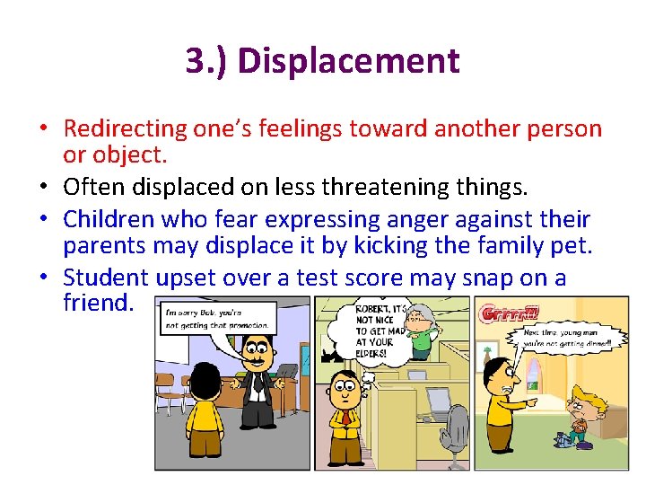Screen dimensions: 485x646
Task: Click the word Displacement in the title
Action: pos(349,61)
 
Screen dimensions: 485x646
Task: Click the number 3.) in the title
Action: pos(207,61)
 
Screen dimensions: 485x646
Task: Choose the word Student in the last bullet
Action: pos(114,277)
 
